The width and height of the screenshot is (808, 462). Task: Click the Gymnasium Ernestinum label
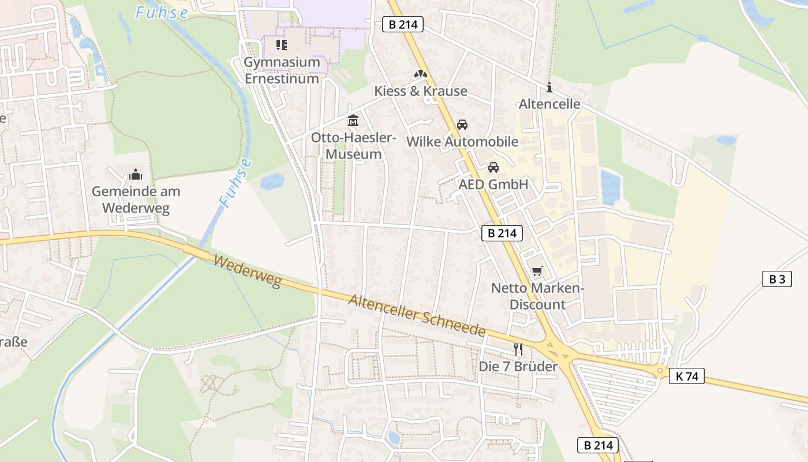(282, 70)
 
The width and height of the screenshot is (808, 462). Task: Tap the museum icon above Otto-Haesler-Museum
(353, 121)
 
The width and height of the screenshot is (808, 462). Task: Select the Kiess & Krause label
(421, 91)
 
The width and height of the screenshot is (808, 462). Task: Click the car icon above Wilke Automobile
(462, 125)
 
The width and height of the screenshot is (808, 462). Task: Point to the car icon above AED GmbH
(493, 167)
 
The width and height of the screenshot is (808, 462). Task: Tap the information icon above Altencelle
(549, 88)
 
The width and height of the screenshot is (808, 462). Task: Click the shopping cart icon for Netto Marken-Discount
(537, 271)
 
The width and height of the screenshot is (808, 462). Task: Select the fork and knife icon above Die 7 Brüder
(518, 349)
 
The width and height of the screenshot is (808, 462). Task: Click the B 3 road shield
(777, 279)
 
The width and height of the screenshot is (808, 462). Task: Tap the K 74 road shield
(687, 377)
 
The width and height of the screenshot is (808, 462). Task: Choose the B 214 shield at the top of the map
(403, 24)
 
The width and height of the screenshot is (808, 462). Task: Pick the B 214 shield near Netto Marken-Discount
(502, 233)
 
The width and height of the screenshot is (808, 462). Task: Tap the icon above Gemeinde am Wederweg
(136, 174)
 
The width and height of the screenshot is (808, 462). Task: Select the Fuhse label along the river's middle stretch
(235, 182)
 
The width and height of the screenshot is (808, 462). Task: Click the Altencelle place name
(549, 105)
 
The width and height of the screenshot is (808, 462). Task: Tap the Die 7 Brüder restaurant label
(518, 367)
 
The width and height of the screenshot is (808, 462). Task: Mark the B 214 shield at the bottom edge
(598, 445)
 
